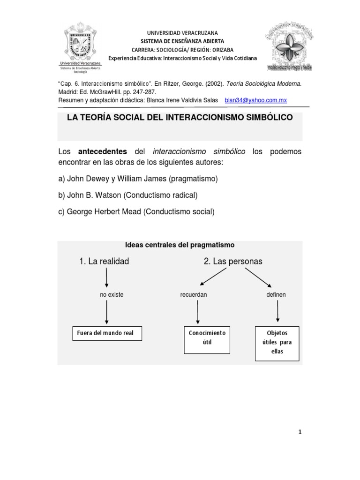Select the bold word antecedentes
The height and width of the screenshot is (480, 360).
102,152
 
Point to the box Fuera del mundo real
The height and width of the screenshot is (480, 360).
106,333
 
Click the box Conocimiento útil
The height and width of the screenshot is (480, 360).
207,337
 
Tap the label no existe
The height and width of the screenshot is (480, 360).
112,295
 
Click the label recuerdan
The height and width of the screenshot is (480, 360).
194,295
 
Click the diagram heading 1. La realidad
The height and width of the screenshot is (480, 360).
104,261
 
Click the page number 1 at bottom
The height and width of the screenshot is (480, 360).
300,432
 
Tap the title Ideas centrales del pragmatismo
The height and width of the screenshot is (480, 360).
180,245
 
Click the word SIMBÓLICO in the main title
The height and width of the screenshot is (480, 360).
266,117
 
